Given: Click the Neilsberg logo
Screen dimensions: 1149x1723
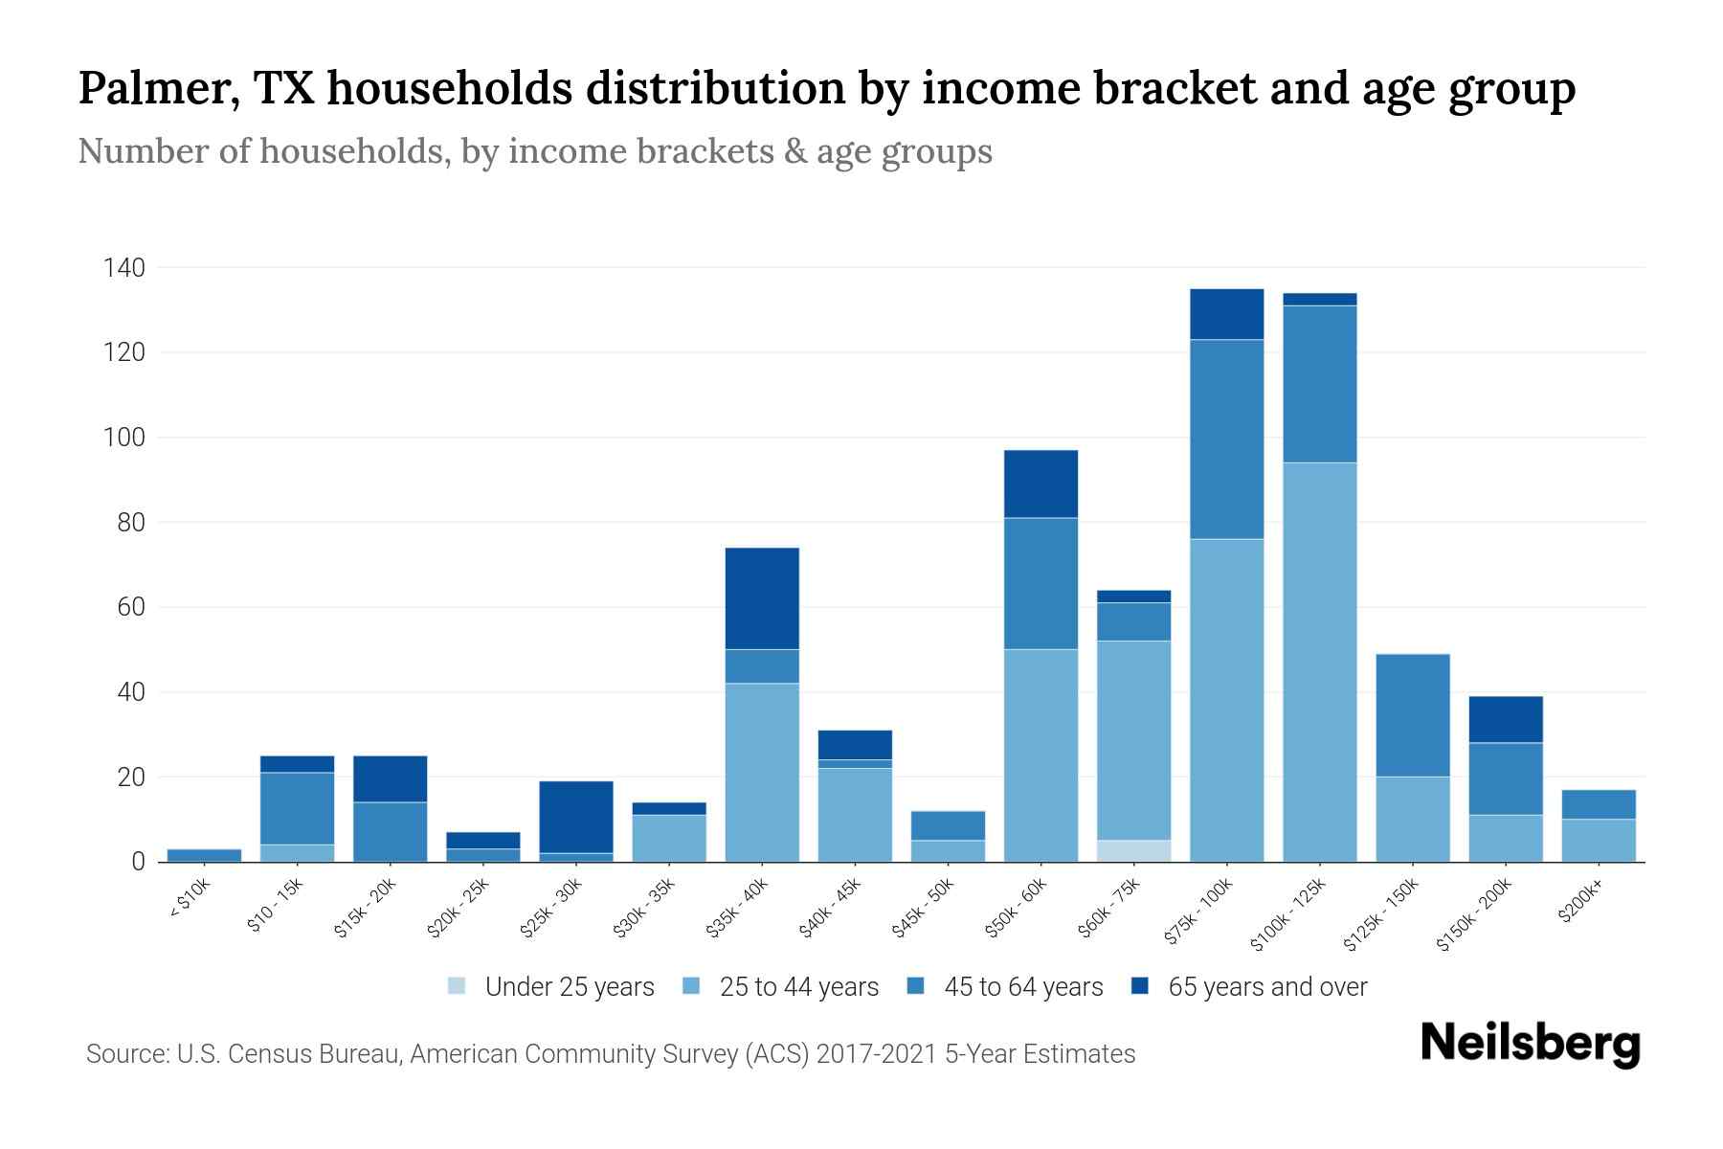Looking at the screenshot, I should tap(1530, 1044).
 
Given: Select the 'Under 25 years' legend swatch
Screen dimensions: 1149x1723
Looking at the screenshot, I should tap(458, 986).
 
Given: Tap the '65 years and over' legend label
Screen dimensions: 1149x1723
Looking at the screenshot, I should tap(1267, 987).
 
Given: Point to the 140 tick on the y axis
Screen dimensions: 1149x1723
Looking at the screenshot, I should tap(124, 268).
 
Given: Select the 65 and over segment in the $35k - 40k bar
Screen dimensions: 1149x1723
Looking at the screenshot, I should tap(762, 598).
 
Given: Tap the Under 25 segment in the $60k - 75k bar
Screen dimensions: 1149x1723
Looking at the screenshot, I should tap(1133, 850).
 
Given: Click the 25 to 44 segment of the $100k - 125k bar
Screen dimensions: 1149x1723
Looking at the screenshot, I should tap(1319, 661).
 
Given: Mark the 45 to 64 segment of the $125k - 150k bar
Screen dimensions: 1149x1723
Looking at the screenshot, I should tap(1412, 715).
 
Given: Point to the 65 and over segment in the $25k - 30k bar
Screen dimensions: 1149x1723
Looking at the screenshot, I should tap(575, 817).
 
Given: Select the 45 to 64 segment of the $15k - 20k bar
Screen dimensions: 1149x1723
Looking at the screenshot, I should tap(390, 831).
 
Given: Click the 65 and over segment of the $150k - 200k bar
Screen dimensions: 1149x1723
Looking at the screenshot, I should tap(1505, 719).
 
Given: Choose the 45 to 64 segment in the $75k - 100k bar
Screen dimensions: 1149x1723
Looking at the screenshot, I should tap(1226, 439).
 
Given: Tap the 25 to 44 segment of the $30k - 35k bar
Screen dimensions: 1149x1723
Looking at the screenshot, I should tap(668, 838).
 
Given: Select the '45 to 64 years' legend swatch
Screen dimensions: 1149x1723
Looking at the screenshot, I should tap(916, 986).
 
